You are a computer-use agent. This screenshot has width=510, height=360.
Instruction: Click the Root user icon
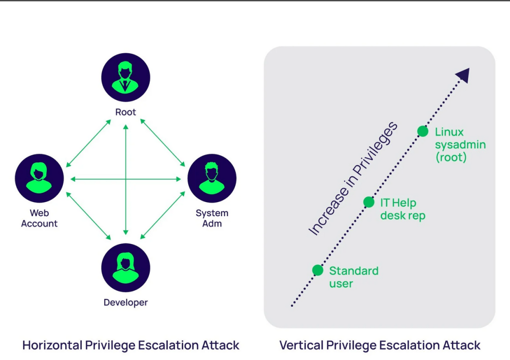[126, 77]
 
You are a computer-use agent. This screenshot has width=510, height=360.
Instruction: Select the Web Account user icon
[39, 178]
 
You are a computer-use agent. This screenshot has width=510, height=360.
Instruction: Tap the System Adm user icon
[212, 178]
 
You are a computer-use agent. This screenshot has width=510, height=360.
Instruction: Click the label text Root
[126, 112]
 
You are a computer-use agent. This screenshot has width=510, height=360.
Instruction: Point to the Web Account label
[39, 219]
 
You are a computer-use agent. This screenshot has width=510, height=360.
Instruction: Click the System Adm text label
[212, 218]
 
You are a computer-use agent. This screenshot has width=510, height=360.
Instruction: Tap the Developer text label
[126, 302]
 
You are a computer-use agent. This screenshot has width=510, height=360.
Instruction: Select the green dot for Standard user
[318, 270]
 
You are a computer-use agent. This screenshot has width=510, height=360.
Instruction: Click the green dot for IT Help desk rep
[369, 202]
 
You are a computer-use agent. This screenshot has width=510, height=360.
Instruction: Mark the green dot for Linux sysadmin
[422, 131]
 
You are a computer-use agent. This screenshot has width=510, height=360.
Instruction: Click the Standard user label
[354, 277]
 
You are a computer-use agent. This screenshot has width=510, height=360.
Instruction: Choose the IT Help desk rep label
[402, 209]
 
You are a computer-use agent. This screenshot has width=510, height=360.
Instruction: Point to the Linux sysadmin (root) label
[460, 145]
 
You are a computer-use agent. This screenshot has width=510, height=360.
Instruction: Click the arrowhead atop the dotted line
[463, 75]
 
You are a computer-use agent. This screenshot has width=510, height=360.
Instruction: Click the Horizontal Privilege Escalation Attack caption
[130, 345]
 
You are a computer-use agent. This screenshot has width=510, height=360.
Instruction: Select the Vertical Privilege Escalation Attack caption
[380, 345]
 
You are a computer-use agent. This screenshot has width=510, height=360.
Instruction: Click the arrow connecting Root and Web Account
[88, 143]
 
